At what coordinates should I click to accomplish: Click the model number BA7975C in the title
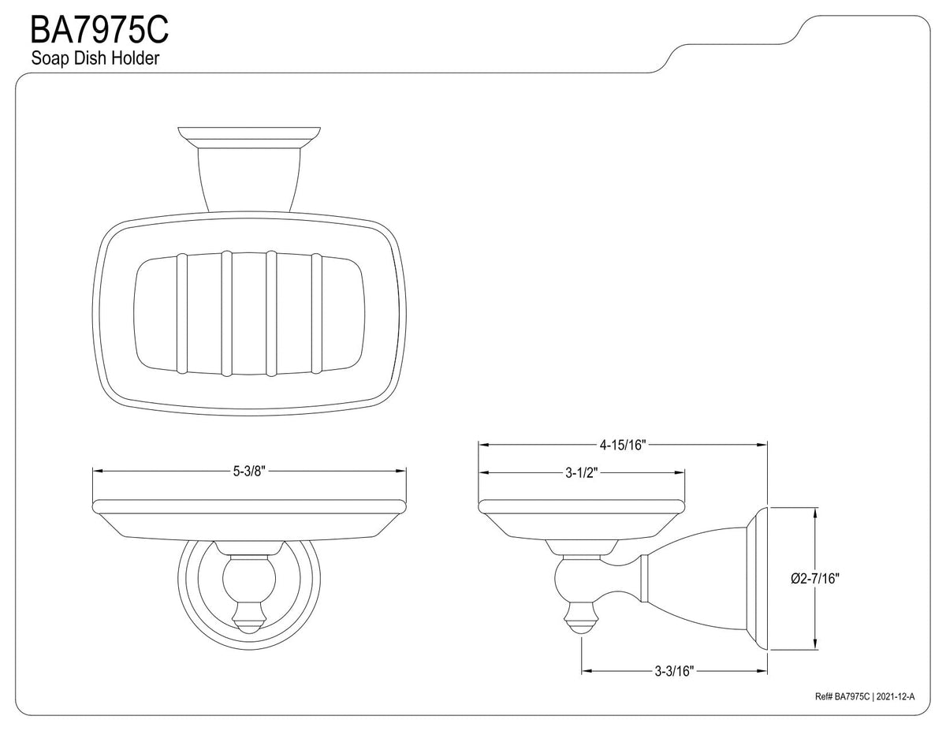click(99, 29)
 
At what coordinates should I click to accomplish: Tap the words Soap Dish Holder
click(95, 58)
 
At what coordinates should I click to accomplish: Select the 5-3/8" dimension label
click(248, 471)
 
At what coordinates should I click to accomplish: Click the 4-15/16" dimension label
click(623, 445)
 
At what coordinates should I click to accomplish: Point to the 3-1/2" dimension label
click(581, 473)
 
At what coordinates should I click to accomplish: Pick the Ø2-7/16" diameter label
click(815, 578)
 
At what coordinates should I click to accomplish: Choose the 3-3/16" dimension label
click(674, 671)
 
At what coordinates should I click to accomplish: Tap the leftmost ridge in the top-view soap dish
click(182, 314)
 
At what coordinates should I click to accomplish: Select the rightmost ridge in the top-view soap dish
click(316, 314)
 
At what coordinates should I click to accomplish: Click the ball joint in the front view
click(249, 579)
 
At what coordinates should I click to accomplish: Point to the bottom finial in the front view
click(249, 617)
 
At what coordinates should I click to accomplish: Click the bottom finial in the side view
click(582, 617)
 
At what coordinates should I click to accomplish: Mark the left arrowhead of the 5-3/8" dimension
click(98, 471)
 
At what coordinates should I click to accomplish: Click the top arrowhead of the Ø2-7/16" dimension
click(815, 513)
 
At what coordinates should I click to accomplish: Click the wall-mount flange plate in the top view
click(249, 132)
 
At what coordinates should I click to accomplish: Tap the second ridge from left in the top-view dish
click(226, 314)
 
